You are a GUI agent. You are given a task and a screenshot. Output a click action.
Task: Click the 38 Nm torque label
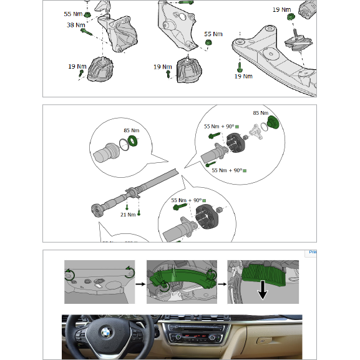(x=75, y=26)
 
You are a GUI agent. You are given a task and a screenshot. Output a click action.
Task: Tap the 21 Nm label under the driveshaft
(x=128, y=215)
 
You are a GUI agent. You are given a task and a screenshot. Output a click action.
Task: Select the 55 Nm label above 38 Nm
(x=72, y=13)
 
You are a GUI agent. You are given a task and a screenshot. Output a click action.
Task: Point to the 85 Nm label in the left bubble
(x=131, y=131)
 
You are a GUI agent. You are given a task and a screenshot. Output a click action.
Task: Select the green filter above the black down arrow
(x=263, y=273)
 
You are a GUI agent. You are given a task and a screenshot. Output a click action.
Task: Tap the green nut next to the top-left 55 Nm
(x=88, y=14)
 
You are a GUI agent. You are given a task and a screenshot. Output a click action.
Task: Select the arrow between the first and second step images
(x=141, y=281)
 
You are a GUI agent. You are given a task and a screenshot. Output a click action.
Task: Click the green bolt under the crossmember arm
(x=239, y=64)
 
